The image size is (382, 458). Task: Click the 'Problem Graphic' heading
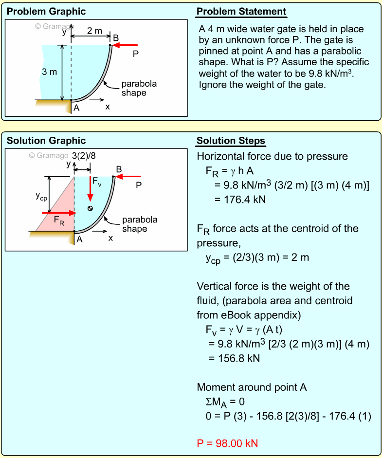tap(46, 12)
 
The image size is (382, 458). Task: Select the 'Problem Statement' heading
tap(241, 12)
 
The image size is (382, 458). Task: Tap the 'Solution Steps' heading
tap(231, 141)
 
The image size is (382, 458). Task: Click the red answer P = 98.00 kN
tap(227, 443)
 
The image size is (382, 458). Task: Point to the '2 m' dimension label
tap(94, 31)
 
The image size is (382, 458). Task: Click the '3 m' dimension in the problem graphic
tap(49, 72)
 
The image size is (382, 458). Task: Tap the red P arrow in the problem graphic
tap(126, 45)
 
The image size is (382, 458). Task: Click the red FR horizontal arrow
tap(58, 213)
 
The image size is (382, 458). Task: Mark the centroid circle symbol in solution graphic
tap(90, 208)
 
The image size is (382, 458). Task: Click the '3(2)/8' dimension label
tap(84, 156)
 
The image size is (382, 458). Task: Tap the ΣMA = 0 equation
tap(225, 402)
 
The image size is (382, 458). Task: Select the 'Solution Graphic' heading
tap(46, 141)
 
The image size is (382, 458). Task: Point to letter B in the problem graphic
tap(115, 37)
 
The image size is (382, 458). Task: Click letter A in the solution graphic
tap(79, 239)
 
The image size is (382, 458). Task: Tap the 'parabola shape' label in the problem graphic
tap(139, 88)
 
